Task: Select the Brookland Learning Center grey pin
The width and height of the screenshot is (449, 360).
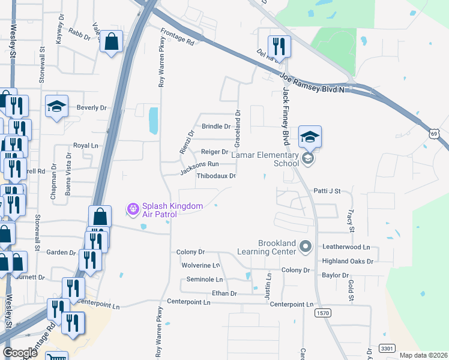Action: tap(306, 246)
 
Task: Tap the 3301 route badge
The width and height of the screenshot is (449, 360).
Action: tap(388, 348)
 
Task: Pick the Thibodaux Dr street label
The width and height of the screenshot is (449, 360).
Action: tap(216, 176)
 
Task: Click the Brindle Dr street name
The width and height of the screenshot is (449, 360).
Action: tap(216, 127)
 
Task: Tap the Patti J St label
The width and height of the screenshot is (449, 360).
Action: tap(327, 191)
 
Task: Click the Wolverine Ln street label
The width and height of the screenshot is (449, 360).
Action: tap(200, 265)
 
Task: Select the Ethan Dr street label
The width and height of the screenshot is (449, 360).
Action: tap(224, 293)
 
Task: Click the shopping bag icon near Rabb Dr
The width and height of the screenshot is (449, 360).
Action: tap(112, 42)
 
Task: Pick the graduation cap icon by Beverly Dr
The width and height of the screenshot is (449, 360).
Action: tap(56, 107)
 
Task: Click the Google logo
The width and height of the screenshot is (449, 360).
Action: tap(20, 353)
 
